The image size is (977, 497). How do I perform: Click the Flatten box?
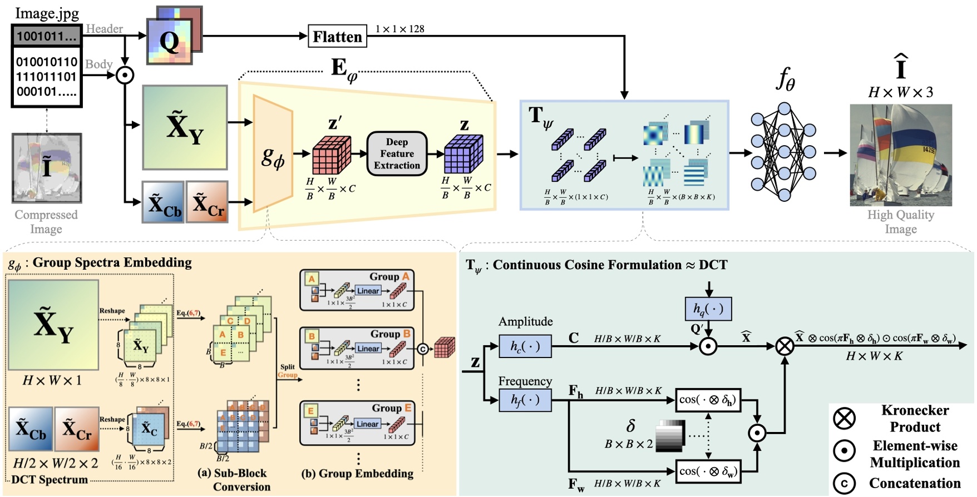point(337,37)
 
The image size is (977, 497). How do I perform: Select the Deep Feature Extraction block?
point(397,153)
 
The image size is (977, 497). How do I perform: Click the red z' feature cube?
point(332,155)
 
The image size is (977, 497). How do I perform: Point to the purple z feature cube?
point(463,155)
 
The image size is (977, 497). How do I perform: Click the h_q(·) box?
point(708,309)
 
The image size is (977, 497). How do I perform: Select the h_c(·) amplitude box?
point(525,346)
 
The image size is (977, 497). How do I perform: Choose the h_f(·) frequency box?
point(525,400)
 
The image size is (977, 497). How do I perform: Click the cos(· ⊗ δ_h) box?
point(708,400)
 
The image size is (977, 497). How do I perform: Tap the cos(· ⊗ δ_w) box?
point(708,471)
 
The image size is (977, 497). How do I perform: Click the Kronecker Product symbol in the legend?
point(845,418)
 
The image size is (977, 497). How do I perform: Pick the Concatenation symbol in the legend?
point(845,483)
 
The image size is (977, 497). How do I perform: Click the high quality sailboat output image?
point(900,155)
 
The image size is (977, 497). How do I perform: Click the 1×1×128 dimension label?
point(399,29)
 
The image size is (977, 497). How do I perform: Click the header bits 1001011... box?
point(47,37)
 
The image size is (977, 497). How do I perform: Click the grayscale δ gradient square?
point(670,435)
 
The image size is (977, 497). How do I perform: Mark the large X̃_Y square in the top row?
point(185,127)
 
